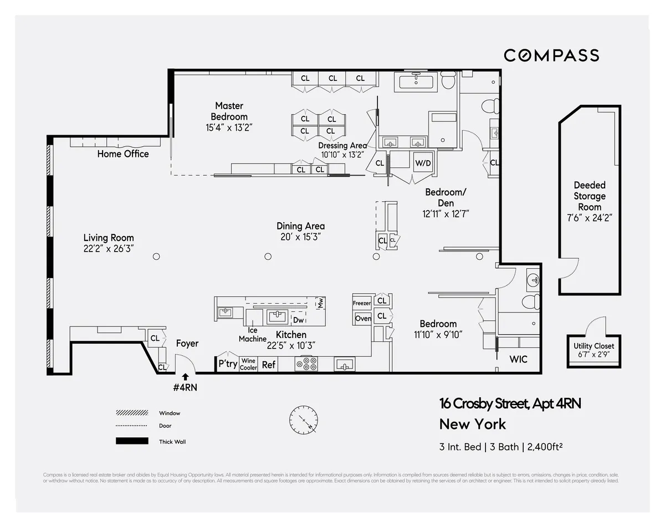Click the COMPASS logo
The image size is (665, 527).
pyautogui.click(x=551, y=55)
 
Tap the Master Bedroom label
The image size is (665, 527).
pyautogui.click(x=229, y=111)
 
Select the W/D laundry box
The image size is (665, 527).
pyautogui.click(x=423, y=163)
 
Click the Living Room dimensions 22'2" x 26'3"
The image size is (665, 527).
pyautogui.click(x=109, y=249)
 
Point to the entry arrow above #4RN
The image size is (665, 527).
pyautogui.click(x=185, y=377)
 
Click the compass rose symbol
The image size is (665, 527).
pyautogui.click(x=303, y=419)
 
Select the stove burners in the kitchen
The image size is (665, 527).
pyautogui.click(x=306, y=364)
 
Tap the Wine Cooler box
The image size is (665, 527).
pyautogui.click(x=248, y=364)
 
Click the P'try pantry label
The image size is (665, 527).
pyautogui.click(x=227, y=364)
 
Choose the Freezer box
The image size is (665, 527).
pyautogui.click(x=362, y=303)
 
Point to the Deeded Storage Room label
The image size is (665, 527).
pyautogui.click(x=590, y=196)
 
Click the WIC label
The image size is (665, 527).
pyautogui.click(x=518, y=360)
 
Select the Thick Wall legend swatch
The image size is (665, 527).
pyautogui.click(x=132, y=441)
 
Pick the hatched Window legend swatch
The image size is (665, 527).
pyautogui.click(x=132, y=413)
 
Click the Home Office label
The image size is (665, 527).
pyautogui.click(x=123, y=154)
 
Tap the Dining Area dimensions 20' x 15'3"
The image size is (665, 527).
pyautogui.click(x=300, y=237)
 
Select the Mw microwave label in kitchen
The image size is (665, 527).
pyautogui.click(x=320, y=303)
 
